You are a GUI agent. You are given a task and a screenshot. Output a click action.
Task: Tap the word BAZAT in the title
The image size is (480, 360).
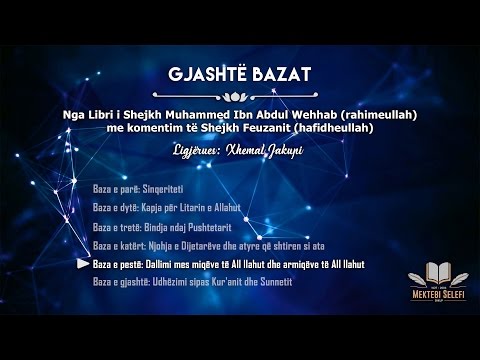[278, 76]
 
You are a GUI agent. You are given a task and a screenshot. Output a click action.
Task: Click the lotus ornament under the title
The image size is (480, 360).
[240, 98]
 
